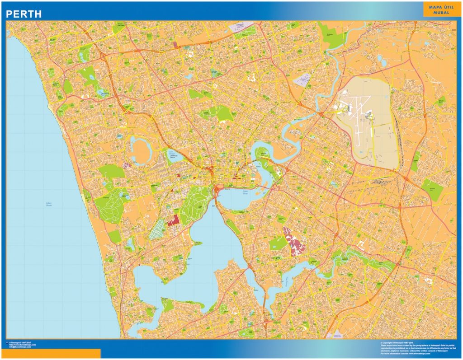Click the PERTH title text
tap(24, 14)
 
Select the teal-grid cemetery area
tap(158, 229)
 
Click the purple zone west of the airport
tap(302, 80)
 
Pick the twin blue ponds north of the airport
tap(382, 61)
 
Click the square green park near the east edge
tap(432, 189)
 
